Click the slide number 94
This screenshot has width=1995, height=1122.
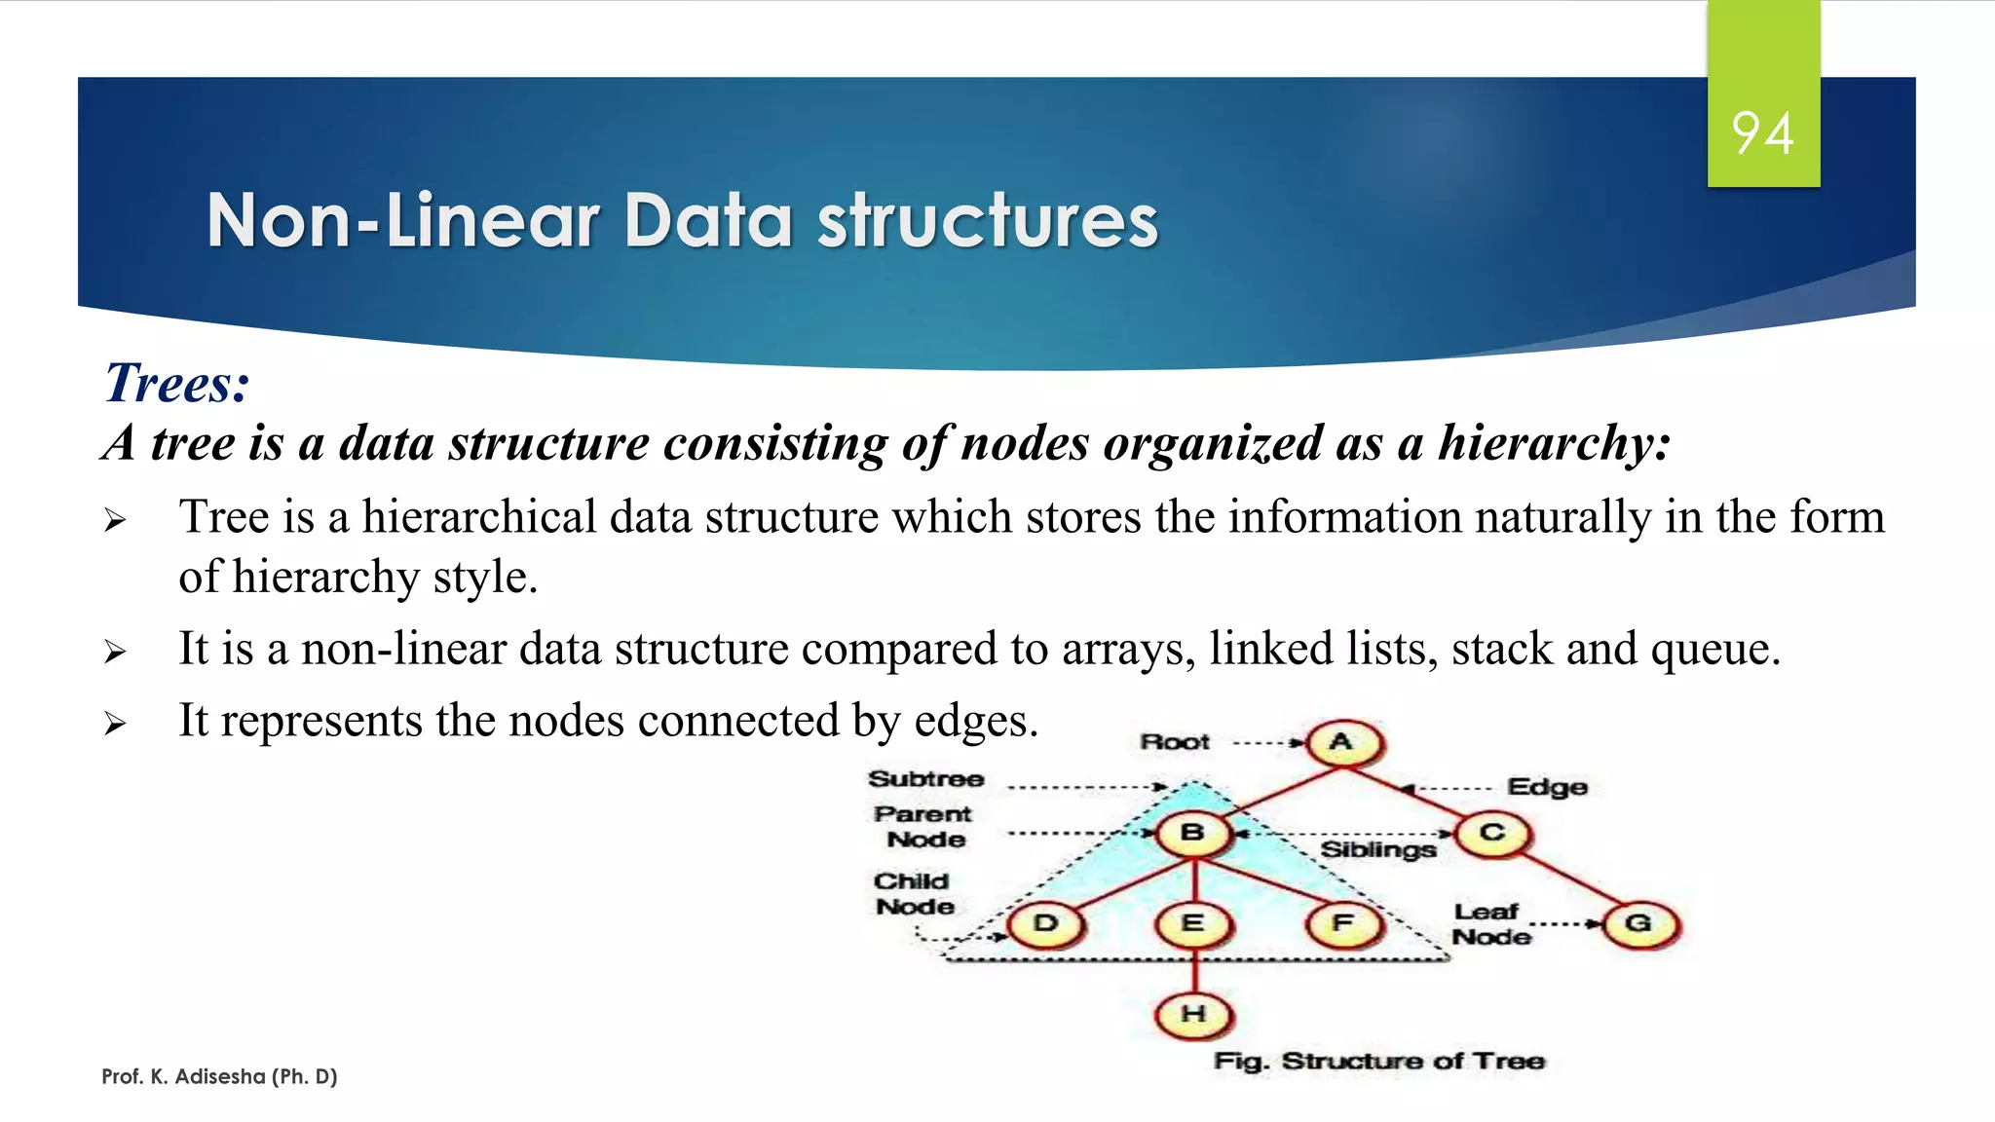(1762, 132)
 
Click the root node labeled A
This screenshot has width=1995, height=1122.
(1343, 743)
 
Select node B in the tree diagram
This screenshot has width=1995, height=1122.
(1192, 834)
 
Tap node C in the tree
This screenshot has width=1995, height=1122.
(1492, 835)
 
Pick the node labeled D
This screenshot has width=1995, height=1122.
(1045, 923)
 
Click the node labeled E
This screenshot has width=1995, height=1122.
(1193, 923)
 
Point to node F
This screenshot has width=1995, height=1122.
(1343, 923)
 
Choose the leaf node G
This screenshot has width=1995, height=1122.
(1639, 924)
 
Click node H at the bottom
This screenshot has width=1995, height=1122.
(1193, 1015)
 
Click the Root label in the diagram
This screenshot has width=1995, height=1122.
(1175, 742)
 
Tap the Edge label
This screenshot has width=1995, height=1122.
(1547, 787)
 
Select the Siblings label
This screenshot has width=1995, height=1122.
(1377, 850)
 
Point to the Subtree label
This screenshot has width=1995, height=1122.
(925, 779)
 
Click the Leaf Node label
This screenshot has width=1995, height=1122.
(1490, 924)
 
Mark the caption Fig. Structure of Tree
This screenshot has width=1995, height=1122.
(1378, 1062)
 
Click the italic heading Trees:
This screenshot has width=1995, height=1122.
(177, 383)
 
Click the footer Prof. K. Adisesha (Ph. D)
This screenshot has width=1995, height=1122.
(219, 1076)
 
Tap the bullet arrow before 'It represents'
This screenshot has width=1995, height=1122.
(115, 724)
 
